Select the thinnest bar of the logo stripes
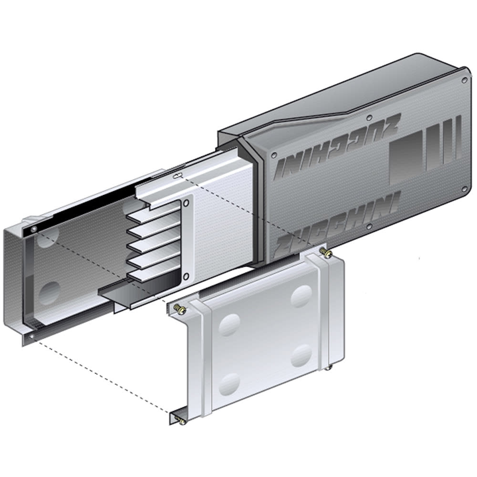[x=458, y=138]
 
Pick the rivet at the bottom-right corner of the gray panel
[x=464, y=190]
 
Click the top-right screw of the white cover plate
[x=326, y=251]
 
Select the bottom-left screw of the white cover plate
[x=180, y=420]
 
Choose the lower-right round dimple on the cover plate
[x=301, y=355]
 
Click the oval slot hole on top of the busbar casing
[x=176, y=176]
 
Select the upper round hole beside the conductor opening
[x=186, y=203]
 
